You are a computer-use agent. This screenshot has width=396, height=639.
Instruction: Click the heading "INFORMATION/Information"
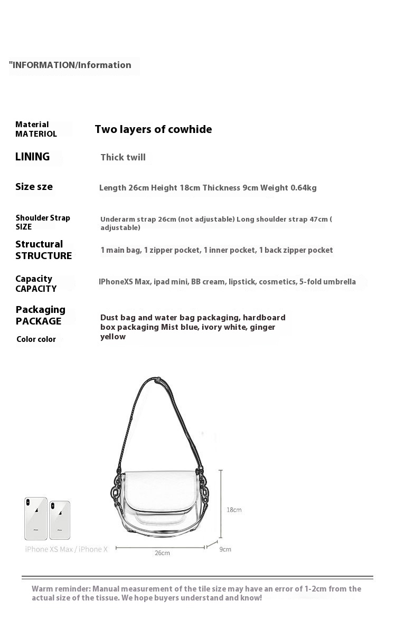[x=71, y=65]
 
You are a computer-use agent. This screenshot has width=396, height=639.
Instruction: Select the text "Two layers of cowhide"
[x=153, y=129]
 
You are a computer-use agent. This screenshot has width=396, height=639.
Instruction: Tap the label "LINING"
[x=33, y=157]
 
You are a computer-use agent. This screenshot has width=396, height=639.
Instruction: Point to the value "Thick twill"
[x=123, y=157]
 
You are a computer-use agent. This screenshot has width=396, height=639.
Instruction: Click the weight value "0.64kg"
[x=304, y=188]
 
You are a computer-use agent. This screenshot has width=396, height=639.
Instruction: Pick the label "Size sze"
[x=34, y=187]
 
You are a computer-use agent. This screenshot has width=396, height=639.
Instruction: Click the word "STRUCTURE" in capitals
[x=44, y=256]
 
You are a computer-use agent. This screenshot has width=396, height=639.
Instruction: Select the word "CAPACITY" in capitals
[x=36, y=289]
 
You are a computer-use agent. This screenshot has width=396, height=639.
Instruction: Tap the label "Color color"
[x=36, y=339]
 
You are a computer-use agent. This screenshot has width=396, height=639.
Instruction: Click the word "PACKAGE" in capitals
[x=39, y=321]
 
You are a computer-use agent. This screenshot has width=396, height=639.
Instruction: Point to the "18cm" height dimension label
[x=234, y=510]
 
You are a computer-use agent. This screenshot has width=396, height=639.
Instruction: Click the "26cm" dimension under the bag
[x=162, y=553]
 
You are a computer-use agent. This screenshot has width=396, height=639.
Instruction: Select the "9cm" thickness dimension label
[x=225, y=549]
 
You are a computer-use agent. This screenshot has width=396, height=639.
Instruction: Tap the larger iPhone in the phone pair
[x=36, y=518]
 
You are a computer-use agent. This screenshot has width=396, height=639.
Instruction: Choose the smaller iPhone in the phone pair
[x=60, y=520]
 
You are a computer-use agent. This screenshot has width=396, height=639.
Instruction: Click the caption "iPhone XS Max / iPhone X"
[x=67, y=549]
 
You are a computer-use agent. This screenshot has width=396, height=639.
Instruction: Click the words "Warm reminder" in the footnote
[x=61, y=589]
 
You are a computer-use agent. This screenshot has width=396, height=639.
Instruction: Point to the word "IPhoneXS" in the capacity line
[x=116, y=282]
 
